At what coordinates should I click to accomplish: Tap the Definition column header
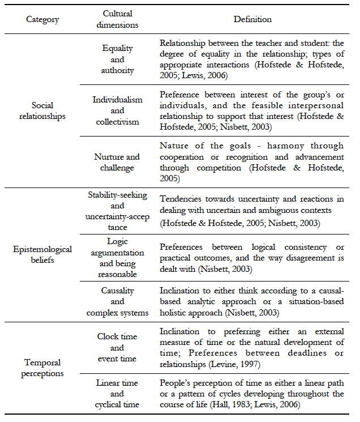pos(252,19)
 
